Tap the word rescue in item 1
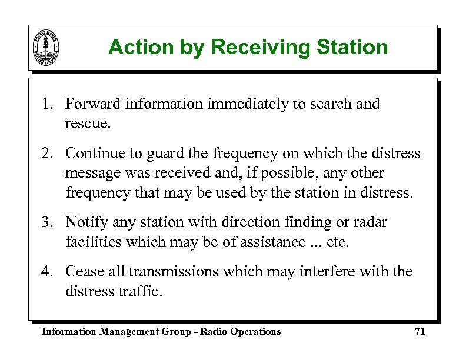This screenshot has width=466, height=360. tap(86, 125)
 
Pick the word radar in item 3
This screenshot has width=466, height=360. tap(370, 222)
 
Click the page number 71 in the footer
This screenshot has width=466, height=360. tap(420, 332)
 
